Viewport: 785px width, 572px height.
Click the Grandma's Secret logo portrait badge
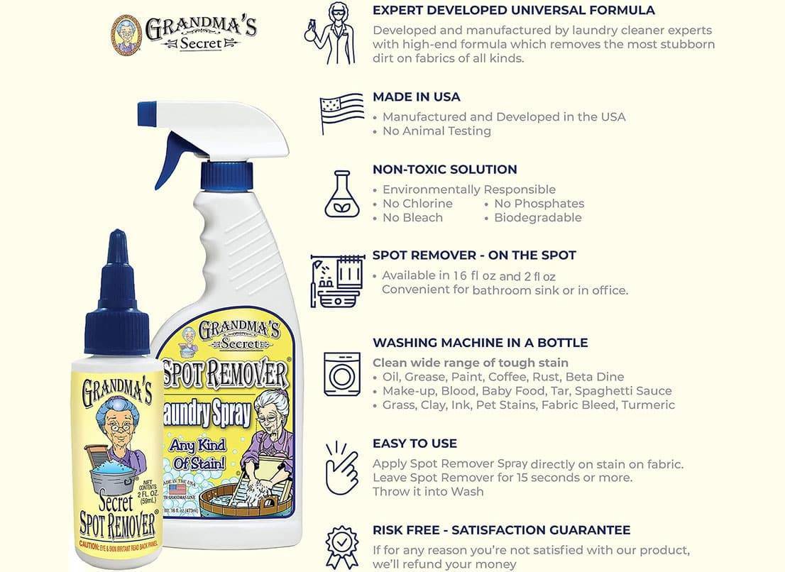(x=126, y=34)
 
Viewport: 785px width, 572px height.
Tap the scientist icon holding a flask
(x=329, y=34)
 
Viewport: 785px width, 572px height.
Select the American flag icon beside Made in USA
(x=341, y=114)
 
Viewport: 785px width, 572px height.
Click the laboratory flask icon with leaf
(x=342, y=193)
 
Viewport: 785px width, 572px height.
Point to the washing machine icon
(x=342, y=373)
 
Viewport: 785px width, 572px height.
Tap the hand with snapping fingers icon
(x=342, y=466)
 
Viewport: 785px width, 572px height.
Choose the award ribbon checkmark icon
(x=342, y=546)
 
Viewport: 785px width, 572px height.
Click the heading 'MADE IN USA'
(x=416, y=97)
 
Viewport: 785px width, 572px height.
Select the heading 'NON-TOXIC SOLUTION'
(x=444, y=170)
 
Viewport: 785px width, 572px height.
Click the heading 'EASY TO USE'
(x=415, y=444)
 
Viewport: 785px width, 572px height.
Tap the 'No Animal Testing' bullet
(x=437, y=131)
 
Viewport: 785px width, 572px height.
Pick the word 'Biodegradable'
(x=537, y=218)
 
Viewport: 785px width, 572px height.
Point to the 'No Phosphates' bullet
(x=539, y=204)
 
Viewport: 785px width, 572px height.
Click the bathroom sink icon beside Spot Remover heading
(x=338, y=281)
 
